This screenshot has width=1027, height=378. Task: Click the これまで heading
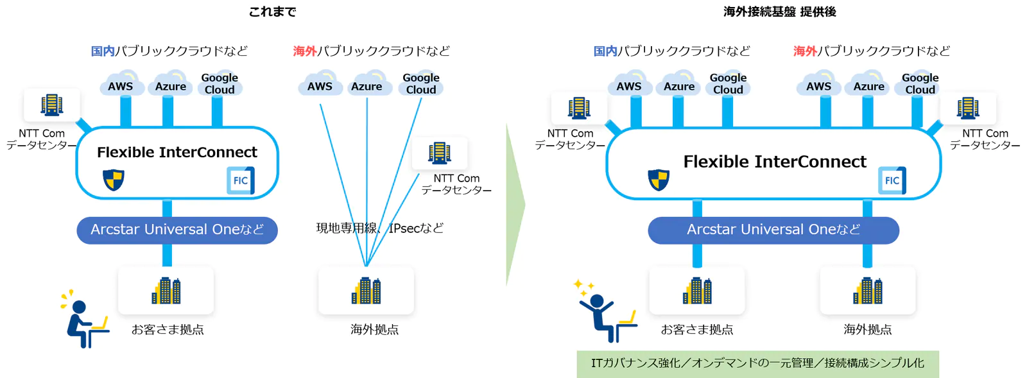click(272, 12)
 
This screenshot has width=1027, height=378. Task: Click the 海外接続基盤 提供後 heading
click(779, 12)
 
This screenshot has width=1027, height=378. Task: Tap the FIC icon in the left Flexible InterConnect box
click(241, 180)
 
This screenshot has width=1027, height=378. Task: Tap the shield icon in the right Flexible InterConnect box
click(659, 180)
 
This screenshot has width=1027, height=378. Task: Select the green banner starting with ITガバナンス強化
click(757, 363)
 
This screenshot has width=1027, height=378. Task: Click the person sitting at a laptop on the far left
click(83, 321)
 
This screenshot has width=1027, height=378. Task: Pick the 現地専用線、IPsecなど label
click(379, 228)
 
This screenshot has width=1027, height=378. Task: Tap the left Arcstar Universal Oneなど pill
click(177, 230)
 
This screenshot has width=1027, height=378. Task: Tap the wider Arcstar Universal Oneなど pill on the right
click(773, 230)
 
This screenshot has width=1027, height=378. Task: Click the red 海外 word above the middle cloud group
click(305, 51)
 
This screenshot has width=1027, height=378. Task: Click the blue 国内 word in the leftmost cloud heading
click(103, 51)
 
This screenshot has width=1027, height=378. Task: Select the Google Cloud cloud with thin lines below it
click(421, 84)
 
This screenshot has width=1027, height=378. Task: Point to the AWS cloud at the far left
click(121, 85)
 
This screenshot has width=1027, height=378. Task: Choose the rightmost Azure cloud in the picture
click(869, 85)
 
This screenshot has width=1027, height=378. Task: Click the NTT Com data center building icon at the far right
click(968, 108)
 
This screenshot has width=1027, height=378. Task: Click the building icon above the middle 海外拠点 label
click(366, 291)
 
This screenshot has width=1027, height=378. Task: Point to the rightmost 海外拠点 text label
click(867, 329)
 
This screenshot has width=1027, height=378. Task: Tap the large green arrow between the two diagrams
click(515, 205)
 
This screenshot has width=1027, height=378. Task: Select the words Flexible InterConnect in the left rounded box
click(177, 152)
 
